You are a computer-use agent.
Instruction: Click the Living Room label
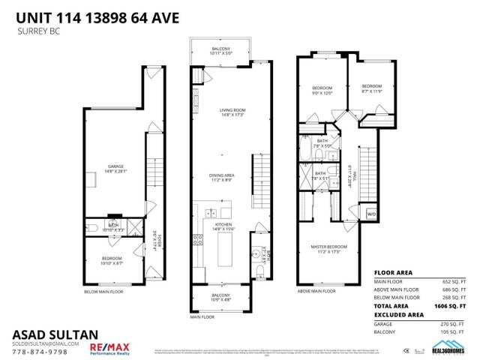232,113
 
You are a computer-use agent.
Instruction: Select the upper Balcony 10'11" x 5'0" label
222,51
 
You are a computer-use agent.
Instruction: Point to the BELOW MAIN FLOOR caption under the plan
106,291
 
